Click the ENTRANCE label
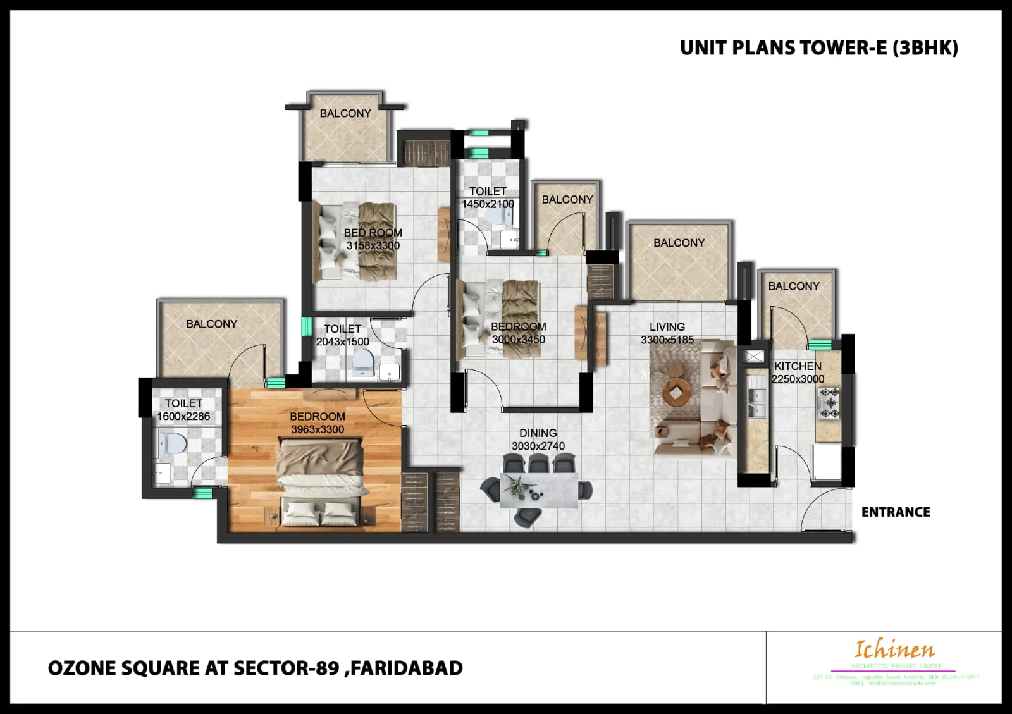click(x=895, y=512)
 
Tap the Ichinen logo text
click(x=894, y=649)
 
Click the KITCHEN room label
click(x=798, y=366)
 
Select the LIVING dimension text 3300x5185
click(x=667, y=340)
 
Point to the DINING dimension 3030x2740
click(x=538, y=446)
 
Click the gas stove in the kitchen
click(x=829, y=403)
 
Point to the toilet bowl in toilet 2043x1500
click(x=362, y=362)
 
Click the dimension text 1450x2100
click(x=488, y=204)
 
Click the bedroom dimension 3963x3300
click(x=318, y=429)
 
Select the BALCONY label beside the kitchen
click(x=793, y=286)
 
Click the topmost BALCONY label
click(x=345, y=113)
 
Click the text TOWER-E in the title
click(x=843, y=48)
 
